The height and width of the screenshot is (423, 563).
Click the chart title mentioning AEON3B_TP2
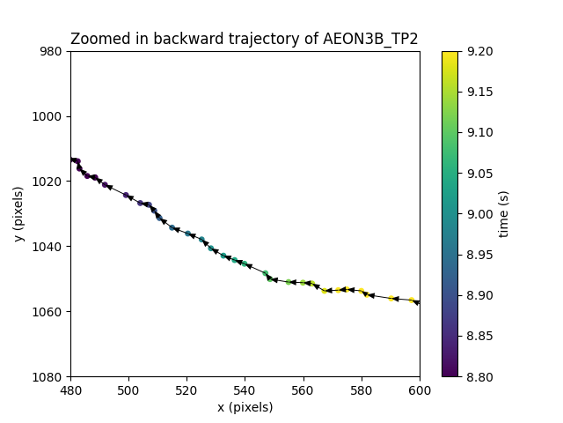point(245,39)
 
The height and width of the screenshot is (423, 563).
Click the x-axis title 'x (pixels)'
point(245,407)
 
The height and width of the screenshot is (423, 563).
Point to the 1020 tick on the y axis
point(51,182)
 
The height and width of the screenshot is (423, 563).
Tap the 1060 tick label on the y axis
point(51,312)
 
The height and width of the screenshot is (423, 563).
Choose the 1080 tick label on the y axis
point(51,376)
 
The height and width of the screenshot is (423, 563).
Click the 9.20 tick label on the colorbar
point(477,51)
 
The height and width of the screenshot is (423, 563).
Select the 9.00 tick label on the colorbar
point(477,214)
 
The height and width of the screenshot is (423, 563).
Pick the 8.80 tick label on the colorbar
point(477,376)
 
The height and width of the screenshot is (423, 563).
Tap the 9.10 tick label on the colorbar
point(477,132)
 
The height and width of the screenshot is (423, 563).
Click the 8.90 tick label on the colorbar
point(477,295)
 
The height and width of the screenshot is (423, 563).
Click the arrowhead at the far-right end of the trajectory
point(417,302)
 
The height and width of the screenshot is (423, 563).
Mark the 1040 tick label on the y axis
point(51,247)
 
